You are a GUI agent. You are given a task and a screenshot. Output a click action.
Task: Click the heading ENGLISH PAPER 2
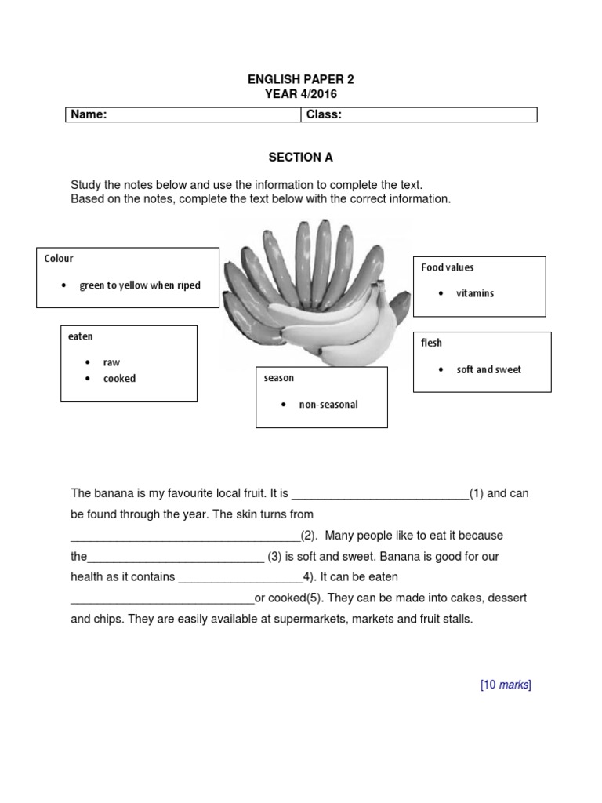point(301,80)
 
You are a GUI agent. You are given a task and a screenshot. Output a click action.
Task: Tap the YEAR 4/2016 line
point(301,94)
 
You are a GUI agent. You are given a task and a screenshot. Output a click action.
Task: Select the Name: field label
point(89,115)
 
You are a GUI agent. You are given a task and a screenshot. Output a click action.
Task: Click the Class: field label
point(324,115)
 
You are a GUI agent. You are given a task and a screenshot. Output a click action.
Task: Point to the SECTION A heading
point(301,158)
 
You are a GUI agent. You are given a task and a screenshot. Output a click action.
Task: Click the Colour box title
point(60,258)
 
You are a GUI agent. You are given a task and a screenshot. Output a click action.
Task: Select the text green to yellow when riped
point(140,285)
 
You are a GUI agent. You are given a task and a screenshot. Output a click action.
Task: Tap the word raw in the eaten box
point(111,363)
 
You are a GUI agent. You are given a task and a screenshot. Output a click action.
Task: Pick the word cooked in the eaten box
point(119,379)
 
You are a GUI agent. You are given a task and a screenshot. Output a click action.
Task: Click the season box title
point(279,378)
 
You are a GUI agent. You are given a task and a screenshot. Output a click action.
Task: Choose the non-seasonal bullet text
point(328,405)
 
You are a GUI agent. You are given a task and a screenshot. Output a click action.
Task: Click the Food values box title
point(448,267)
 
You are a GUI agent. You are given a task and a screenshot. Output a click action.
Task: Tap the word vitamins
point(475,293)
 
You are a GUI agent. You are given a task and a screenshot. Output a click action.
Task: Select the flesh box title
point(432,343)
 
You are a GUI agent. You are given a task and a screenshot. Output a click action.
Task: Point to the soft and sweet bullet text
point(488,369)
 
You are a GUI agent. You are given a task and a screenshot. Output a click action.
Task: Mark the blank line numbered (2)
point(185,538)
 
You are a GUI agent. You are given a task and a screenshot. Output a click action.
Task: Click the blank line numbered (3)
point(176,559)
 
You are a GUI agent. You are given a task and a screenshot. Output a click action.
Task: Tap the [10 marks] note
point(506,685)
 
